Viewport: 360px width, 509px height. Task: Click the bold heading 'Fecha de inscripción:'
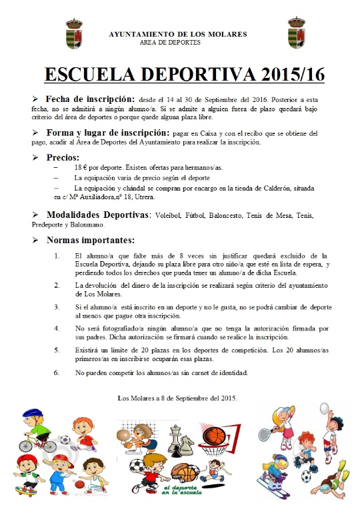[x=89, y=98]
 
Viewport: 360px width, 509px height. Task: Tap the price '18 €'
[x=83, y=169]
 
